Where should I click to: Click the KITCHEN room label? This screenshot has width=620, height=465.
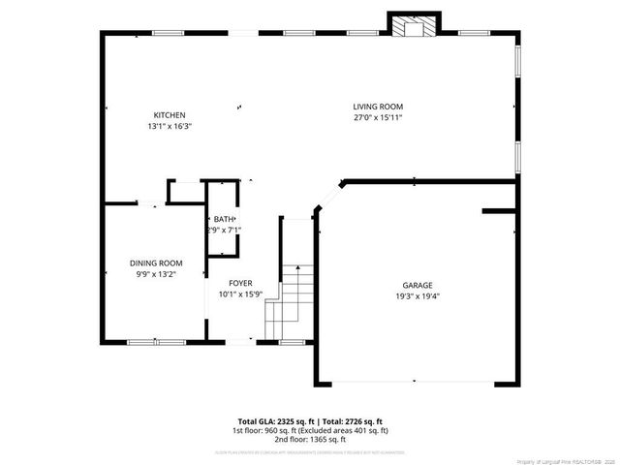tap(170, 115)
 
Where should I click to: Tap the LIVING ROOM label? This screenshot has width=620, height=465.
tap(377, 107)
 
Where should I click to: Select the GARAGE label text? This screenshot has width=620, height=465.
tap(418, 286)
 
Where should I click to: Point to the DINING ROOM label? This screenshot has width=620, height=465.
tap(156, 263)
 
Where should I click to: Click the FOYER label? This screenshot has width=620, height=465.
tap(240, 284)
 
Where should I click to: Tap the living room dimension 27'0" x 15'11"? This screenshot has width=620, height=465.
tap(377, 117)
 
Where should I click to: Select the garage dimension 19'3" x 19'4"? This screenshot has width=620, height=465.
tap(418, 296)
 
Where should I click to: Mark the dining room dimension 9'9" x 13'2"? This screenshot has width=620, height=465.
tap(156, 273)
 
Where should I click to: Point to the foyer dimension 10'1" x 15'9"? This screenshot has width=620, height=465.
tap(240, 294)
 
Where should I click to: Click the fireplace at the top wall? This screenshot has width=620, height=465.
tap(415, 26)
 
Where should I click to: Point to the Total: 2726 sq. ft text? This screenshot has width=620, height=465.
tap(347, 420)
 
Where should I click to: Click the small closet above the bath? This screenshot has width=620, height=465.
tap(184, 192)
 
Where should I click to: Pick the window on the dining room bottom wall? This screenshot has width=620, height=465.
tap(156, 341)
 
